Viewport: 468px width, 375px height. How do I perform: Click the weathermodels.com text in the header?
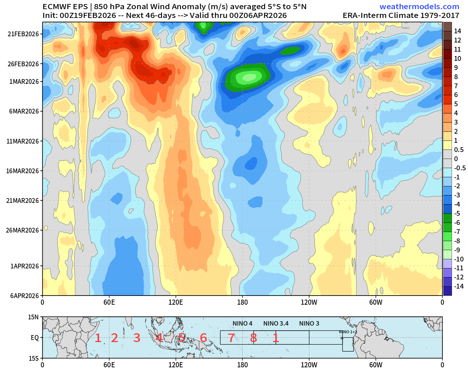(419, 7)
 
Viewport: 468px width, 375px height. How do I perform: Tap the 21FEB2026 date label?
(23, 34)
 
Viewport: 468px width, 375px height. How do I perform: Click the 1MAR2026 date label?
(24, 81)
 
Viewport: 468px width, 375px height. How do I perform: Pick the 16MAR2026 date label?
(23, 171)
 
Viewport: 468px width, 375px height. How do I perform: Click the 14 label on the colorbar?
(457, 31)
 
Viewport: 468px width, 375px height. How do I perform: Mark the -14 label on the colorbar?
(458, 286)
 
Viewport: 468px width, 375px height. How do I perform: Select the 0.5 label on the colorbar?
(458, 149)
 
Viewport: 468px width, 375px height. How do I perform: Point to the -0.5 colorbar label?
(460, 168)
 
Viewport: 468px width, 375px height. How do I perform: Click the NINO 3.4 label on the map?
(276, 323)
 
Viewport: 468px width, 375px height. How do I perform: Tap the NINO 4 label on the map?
(242, 323)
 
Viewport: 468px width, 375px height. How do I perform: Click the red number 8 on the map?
(253, 338)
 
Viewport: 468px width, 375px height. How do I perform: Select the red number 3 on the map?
(137, 338)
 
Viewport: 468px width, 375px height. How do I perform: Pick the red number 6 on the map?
(203, 338)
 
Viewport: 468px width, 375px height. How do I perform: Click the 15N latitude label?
(34, 317)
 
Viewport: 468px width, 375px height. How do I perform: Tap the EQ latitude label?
(34, 338)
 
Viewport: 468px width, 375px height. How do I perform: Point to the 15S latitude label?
(34, 358)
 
